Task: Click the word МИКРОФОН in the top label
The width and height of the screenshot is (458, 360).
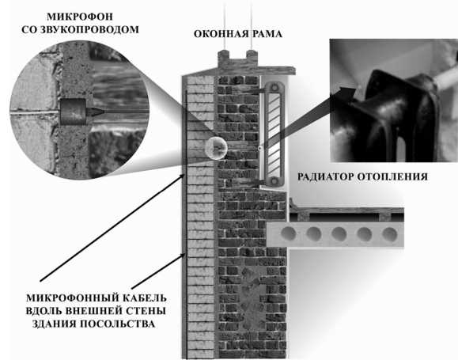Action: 79,17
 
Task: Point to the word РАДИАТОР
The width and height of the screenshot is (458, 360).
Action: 325,176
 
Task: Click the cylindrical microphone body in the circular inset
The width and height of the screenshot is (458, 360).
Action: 73,112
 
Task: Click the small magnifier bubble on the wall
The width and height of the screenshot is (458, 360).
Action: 216,148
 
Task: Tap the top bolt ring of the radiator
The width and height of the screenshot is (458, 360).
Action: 274,87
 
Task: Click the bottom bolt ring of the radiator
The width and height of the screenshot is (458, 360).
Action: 274,181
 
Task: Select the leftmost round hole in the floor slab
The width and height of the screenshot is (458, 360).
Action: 289,233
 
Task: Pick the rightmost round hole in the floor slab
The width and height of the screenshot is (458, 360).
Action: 390,234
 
